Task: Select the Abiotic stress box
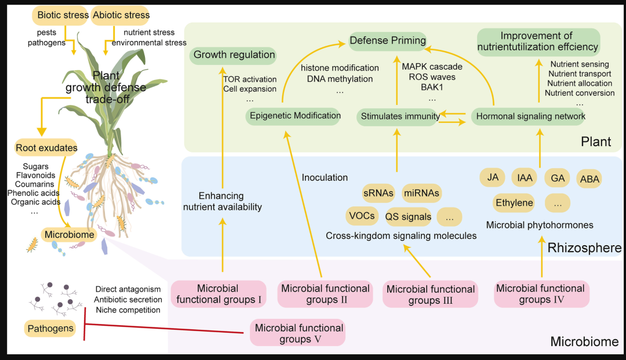(121, 16)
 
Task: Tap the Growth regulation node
(234, 55)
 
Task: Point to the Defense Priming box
(388, 41)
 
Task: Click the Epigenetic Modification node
(293, 116)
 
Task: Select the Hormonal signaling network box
(528, 117)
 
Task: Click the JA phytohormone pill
(493, 177)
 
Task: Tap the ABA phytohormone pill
(589, 179)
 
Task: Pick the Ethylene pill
(514, 203)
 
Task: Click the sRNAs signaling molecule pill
(378, 193)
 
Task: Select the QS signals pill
(409, 217)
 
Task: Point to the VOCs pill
(362, 216)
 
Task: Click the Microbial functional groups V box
(298, 333)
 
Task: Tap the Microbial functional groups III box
(430, 294)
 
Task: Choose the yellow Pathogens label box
(50, 329)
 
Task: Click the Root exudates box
(46, 148)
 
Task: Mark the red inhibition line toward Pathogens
(163, 329)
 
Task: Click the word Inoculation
(325, 177)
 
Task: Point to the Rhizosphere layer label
(584, 248)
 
